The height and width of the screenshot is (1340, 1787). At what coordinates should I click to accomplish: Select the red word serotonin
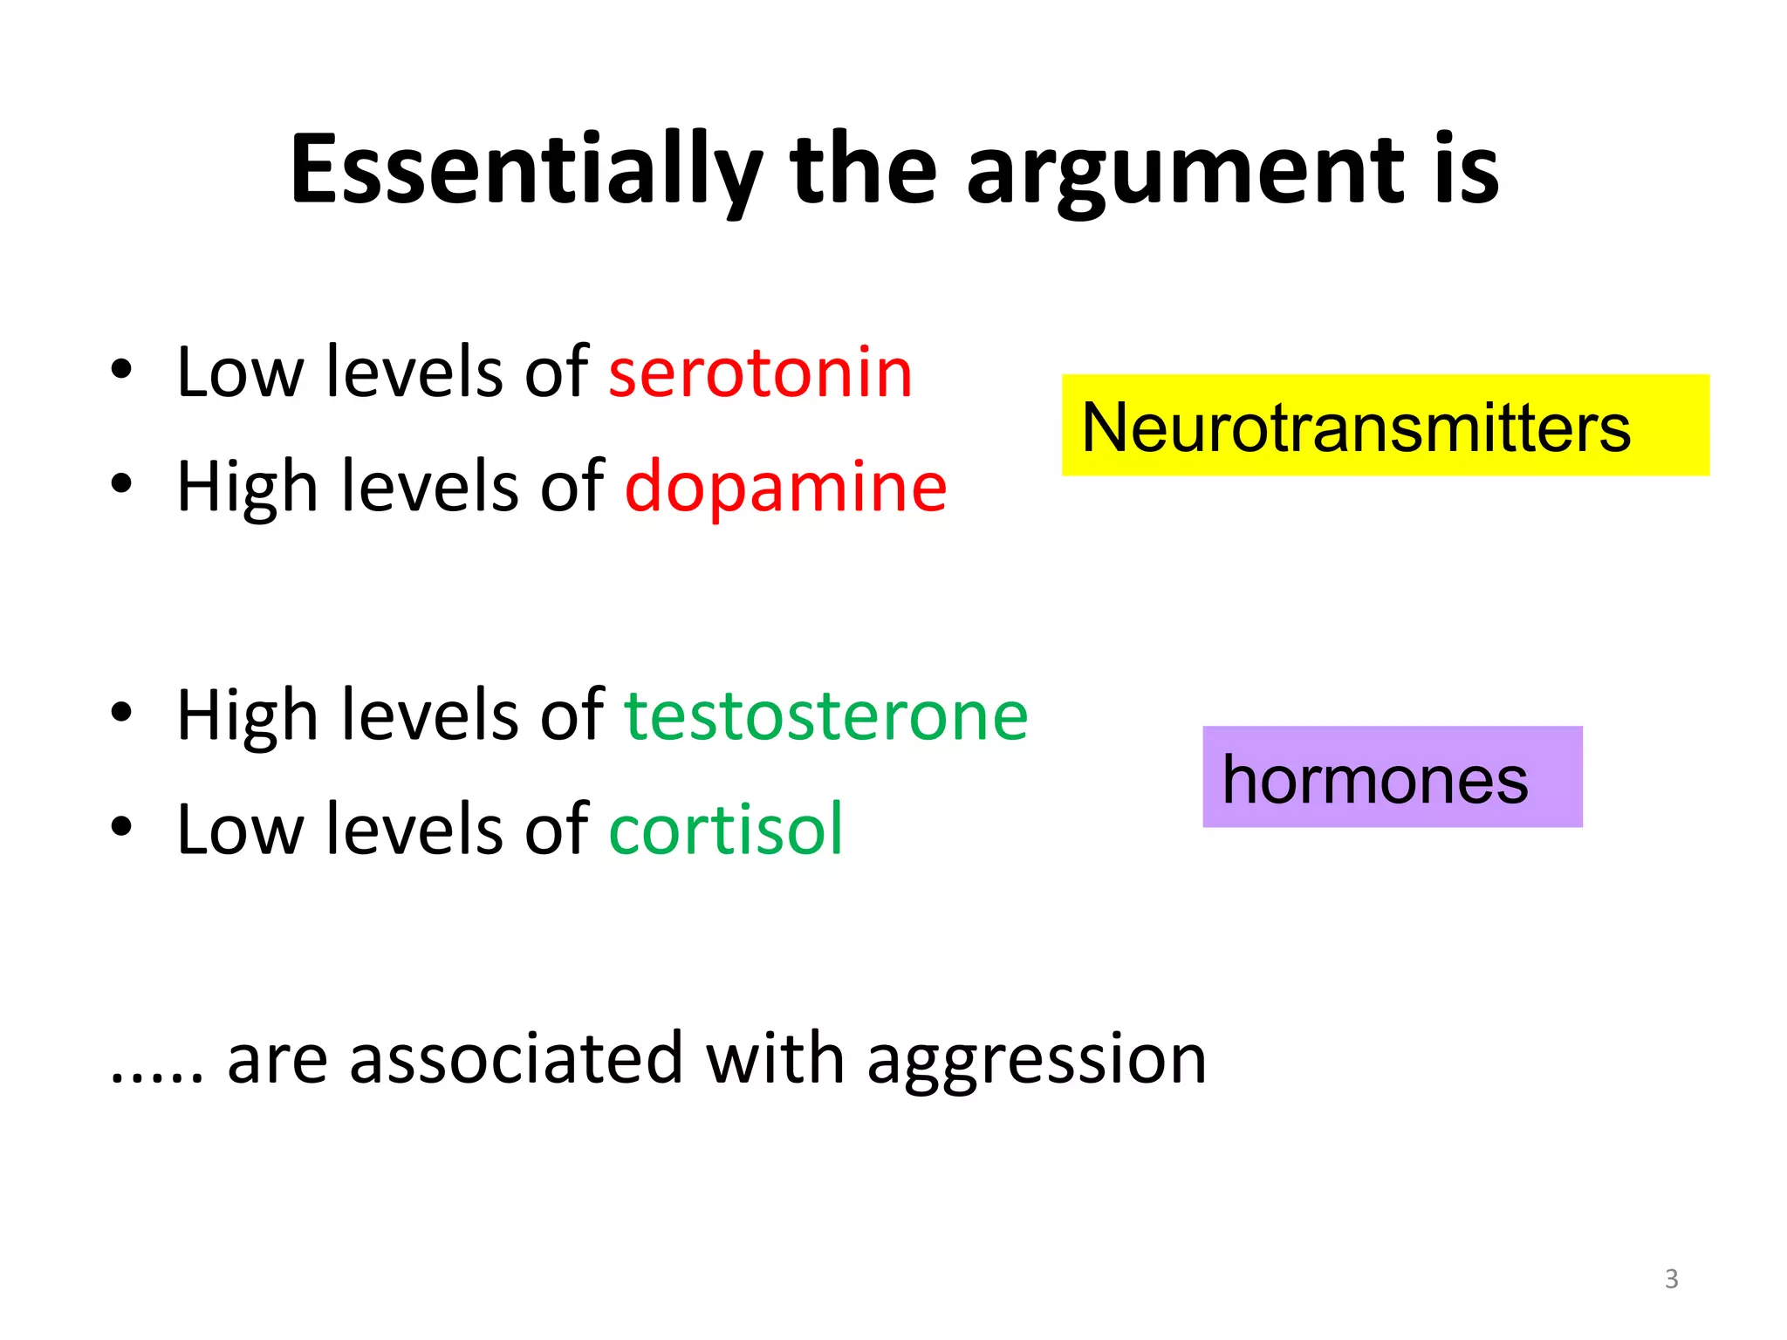click(x=760, y=373)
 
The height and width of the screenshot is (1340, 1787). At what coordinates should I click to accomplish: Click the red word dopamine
click(x=785, y=487)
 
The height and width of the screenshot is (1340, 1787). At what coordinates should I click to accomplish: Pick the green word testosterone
click(x=826, y=715)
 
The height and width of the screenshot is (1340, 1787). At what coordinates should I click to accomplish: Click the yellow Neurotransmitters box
click(x=1385, y=426)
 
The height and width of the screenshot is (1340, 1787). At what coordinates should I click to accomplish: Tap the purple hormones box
click(x=1392, y=777)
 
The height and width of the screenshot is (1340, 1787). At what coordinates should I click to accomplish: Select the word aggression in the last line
click(x=1037, y=1060)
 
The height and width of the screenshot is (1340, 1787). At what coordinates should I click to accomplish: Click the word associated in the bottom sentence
click(x=516, y=1060)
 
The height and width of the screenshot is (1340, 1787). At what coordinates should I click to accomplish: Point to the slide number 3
click(x=1671, y=1279)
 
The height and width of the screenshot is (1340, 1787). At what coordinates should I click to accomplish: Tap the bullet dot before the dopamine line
click(x=121, y=483)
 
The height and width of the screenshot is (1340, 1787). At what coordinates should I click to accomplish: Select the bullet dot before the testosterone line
click(x=121, y=712)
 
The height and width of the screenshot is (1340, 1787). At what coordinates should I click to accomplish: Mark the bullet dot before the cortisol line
click(x=121, y=826)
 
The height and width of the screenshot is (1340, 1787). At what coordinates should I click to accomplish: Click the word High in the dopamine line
click(x=247, y=487)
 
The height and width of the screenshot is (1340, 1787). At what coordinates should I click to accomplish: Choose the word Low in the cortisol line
click(x=239, y=829)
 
